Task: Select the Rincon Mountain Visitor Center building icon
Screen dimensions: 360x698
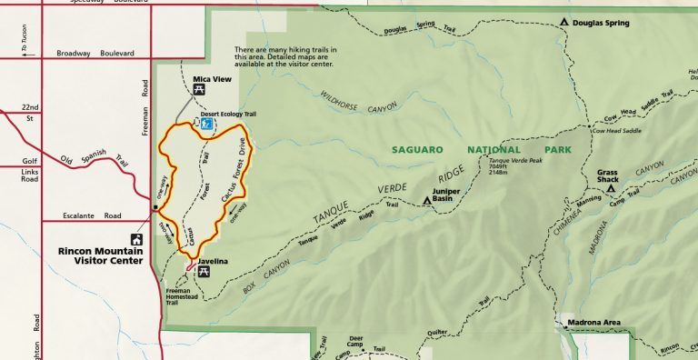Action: coord(137,240)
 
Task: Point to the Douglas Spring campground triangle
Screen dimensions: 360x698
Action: coord(564,22)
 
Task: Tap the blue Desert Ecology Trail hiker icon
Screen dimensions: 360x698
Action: coord(206,124)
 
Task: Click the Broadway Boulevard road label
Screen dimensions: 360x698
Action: coord(91,53)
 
